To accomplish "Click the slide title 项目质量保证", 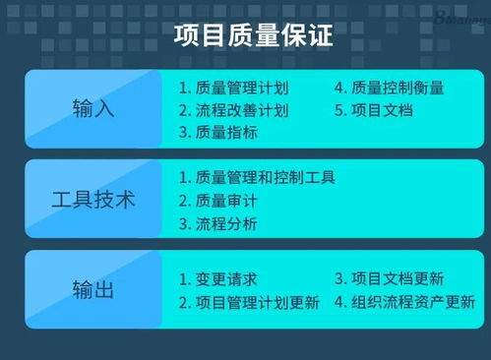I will tap(253, 36).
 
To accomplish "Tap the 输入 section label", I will tap(93, 108).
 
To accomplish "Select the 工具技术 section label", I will tap(93, 200).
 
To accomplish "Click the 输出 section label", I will tap(93, 290).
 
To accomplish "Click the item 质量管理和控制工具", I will tap(266, 177).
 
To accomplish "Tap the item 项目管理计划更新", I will tap(257, 302).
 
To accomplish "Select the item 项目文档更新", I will tap(399, 278).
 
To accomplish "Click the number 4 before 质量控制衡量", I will tap(339, 87).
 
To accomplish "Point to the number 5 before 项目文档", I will tap(339, 109).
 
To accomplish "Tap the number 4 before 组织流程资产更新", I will tap(339, 302).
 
